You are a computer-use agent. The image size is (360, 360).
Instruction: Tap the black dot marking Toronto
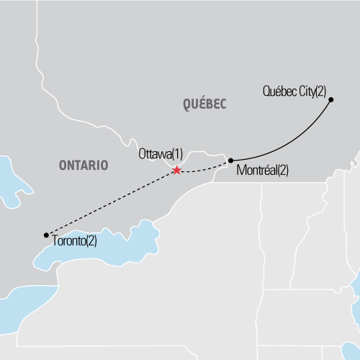46,235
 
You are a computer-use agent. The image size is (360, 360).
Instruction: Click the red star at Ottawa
176,171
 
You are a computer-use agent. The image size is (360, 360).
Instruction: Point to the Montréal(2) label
262,171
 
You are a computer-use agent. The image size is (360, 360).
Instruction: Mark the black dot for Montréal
230,161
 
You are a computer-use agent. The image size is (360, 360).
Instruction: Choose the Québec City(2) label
295,91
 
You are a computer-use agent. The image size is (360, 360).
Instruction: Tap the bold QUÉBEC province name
205,105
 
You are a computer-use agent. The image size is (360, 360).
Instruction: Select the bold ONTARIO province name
84,166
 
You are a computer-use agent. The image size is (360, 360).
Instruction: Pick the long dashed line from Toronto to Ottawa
108,204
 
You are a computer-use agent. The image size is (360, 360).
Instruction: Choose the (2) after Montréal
282,171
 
